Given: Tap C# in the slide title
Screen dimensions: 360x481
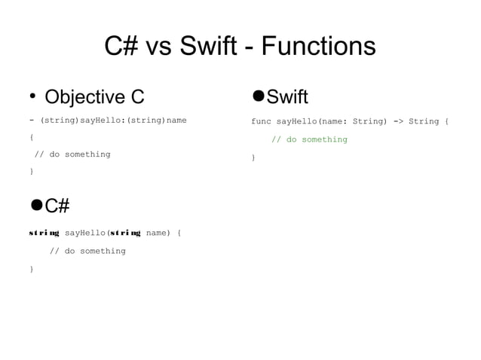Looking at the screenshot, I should tap(120, 47).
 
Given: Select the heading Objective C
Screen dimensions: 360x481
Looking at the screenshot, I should tap(94, 97).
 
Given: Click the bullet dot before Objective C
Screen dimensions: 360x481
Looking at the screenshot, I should tap(32, 96).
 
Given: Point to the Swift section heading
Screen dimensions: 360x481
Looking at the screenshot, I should tap(287, 96).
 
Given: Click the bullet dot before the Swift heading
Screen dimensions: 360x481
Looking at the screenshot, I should tap(258, 96).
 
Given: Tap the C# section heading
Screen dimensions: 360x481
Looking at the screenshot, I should tap(57, 206).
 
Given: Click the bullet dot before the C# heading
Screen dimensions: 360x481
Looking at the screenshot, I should tap(35, 205).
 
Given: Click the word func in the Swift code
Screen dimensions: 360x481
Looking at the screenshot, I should tap(261, 121).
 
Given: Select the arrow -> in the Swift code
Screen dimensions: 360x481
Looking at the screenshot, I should tap(398, 121).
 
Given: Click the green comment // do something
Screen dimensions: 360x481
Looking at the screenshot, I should tap(309, 139).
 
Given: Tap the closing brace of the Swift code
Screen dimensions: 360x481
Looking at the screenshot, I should tap(253, 157).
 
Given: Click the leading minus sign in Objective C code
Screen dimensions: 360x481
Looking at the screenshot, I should tap(31, 121).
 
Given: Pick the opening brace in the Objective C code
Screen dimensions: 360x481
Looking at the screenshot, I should tap(31, 138).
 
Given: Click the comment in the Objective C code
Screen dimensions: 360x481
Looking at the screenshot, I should tap(72, 154).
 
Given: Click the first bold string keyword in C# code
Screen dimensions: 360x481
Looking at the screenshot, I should tap(44, 233).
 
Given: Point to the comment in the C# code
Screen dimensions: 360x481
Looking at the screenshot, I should tap(87, 251).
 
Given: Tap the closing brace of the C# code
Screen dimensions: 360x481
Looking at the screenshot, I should tap(31, 269).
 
